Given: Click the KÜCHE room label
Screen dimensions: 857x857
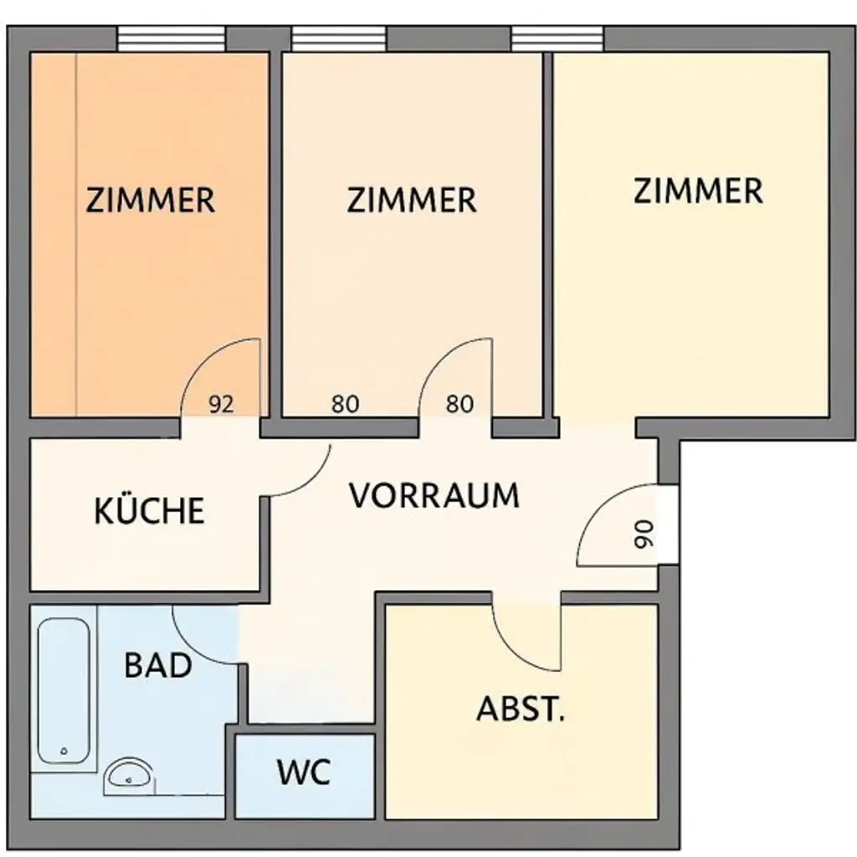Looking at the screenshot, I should coord(150,511).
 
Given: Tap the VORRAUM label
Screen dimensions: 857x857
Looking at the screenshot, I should coord(434,495).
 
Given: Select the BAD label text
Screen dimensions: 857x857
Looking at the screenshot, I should coord(158,666).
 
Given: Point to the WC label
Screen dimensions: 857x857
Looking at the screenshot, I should coord(304,772).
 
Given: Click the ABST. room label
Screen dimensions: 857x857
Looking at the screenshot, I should coord(521,710).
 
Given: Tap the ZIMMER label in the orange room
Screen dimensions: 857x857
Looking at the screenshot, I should coord(151,201).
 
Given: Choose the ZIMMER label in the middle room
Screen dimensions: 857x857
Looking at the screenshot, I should coord(412,201).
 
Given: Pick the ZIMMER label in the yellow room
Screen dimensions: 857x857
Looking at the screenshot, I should coord(698,191).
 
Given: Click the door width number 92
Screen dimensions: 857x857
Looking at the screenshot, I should coord(221,405).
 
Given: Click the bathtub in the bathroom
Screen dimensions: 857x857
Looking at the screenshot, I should coord(64,690).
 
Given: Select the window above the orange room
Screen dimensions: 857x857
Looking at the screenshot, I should coord(171,38).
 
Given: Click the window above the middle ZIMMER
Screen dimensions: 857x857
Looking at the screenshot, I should coord(338,38).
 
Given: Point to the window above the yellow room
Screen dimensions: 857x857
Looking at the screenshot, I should coord(557,38).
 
